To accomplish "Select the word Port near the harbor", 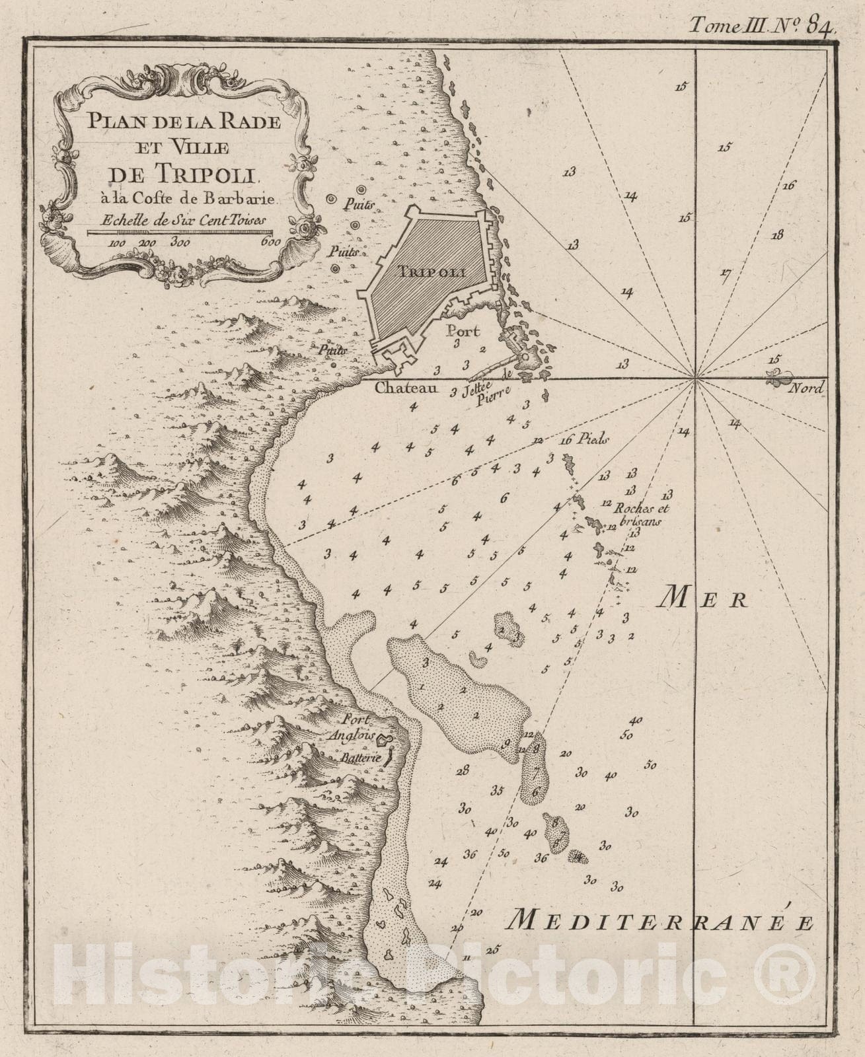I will (462, 331).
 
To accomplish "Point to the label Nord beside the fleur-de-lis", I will (808, 388).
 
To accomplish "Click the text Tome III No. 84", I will (763, 25).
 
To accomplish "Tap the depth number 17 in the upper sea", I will (726, 272).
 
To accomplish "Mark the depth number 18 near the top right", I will (776, 235).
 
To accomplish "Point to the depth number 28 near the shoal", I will (462, 769).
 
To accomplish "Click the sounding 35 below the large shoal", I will (497, 790).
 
